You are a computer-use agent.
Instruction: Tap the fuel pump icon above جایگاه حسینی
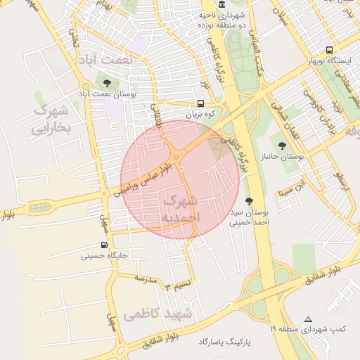[x=104, y=245]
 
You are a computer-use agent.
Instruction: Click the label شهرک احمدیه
[x=181, y=210]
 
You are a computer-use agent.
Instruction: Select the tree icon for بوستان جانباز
[x=282, y=146]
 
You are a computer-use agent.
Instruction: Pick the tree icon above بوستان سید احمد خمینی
[x=249, y=200]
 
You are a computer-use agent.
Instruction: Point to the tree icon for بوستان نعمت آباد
[x=106, y=83]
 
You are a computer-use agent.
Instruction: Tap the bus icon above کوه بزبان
[x=201, y=103]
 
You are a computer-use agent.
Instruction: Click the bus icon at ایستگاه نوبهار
[x=330, y=50]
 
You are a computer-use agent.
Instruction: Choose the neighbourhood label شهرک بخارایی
[x=51, y=120]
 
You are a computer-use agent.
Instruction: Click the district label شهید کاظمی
[x=157, y=314]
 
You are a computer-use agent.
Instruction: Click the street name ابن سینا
[x=292, y=188]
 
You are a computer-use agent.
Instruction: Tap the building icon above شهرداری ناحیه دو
[x=222, y=4]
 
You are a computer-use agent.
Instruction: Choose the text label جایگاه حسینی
[x=104, y=257]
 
